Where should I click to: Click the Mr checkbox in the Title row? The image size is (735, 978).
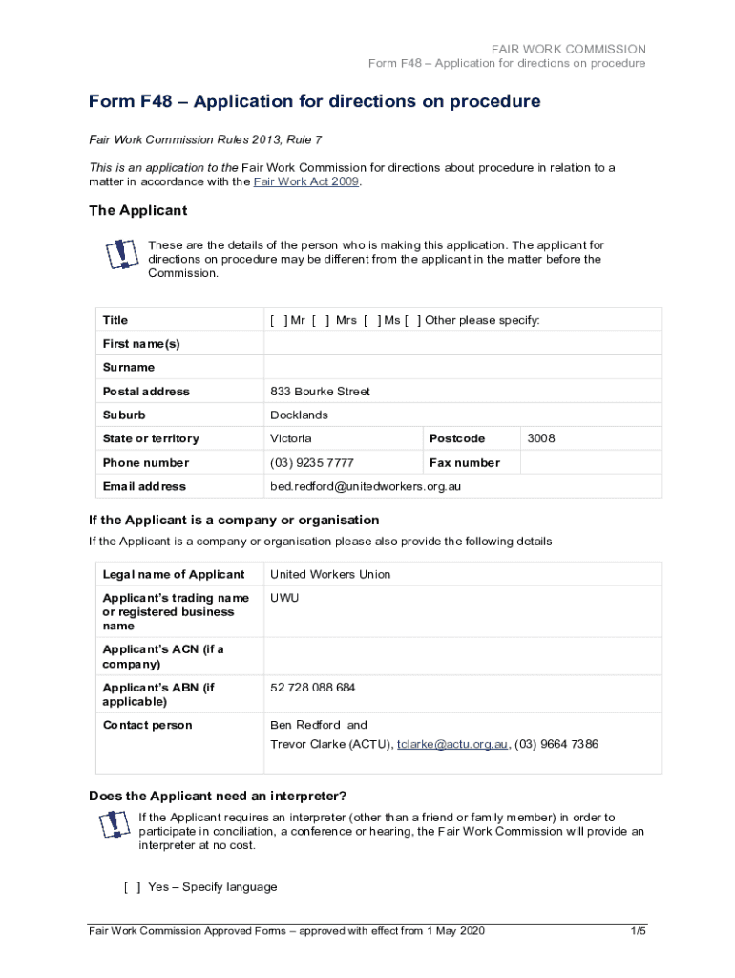pos(278,320)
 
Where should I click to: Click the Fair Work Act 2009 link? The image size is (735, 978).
pos(306,181)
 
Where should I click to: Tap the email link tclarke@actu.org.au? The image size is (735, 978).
pos(451,744)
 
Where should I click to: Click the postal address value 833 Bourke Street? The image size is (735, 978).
pos(320,392)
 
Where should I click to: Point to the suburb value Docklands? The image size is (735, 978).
pos(299,415)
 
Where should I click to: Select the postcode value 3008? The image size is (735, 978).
pos(540,438)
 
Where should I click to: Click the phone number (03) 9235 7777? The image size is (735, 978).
pos(312,462)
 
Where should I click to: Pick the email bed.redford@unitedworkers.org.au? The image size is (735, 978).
pos(366,486)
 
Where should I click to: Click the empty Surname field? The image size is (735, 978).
pos(462,368)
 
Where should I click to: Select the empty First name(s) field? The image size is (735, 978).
pos(462,344)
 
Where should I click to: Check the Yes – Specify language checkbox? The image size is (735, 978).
pos(133,887)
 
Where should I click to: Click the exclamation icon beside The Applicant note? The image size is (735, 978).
pos(119,255)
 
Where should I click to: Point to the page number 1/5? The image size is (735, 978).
pos(639,931)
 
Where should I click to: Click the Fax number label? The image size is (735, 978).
pos(465,462)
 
